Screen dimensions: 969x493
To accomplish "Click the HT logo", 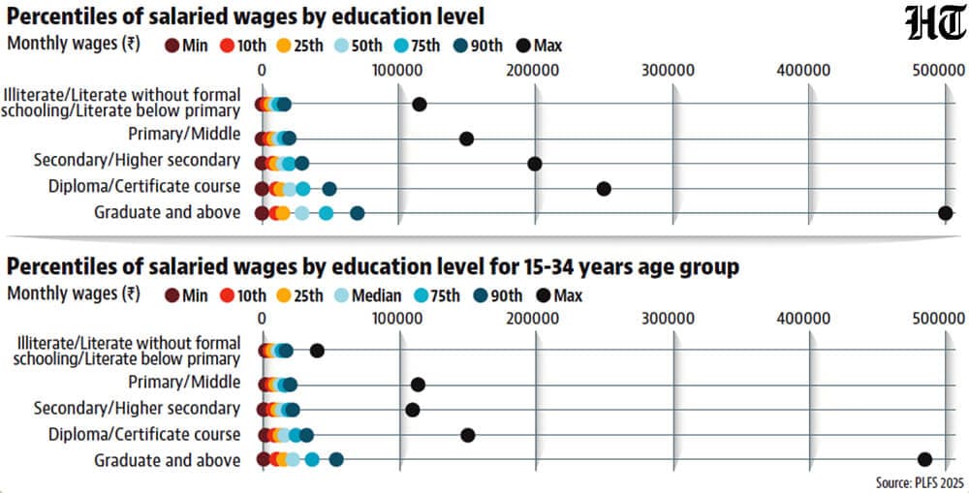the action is coord(936,24).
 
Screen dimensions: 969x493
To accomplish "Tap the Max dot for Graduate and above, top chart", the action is coord(945,213).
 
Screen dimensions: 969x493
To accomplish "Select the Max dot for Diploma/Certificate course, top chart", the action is coord(604,189).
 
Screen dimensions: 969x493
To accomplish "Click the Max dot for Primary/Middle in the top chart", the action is coord(467,139).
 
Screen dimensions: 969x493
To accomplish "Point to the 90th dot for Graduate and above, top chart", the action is coord(358,213).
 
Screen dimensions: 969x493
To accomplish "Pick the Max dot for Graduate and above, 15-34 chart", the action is coord(924,459).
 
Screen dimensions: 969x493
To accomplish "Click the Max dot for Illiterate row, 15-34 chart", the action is coord(317,351).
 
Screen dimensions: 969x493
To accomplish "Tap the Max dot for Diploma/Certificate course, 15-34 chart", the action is coord(468,435).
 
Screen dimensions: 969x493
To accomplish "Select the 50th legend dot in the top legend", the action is coord(341,46).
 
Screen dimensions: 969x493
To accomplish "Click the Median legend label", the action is coord(376,296).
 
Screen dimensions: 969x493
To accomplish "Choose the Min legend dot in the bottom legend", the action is coord(172,296).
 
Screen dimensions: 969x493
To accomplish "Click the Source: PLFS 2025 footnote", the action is coord(920,482).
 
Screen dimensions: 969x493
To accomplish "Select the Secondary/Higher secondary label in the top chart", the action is coord(137,160).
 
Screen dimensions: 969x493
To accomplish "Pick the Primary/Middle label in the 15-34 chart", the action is coord(184,383).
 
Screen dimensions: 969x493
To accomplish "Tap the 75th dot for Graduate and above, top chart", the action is coord(327,213).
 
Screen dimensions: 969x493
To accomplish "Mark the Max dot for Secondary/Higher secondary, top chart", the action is coord(535,164).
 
